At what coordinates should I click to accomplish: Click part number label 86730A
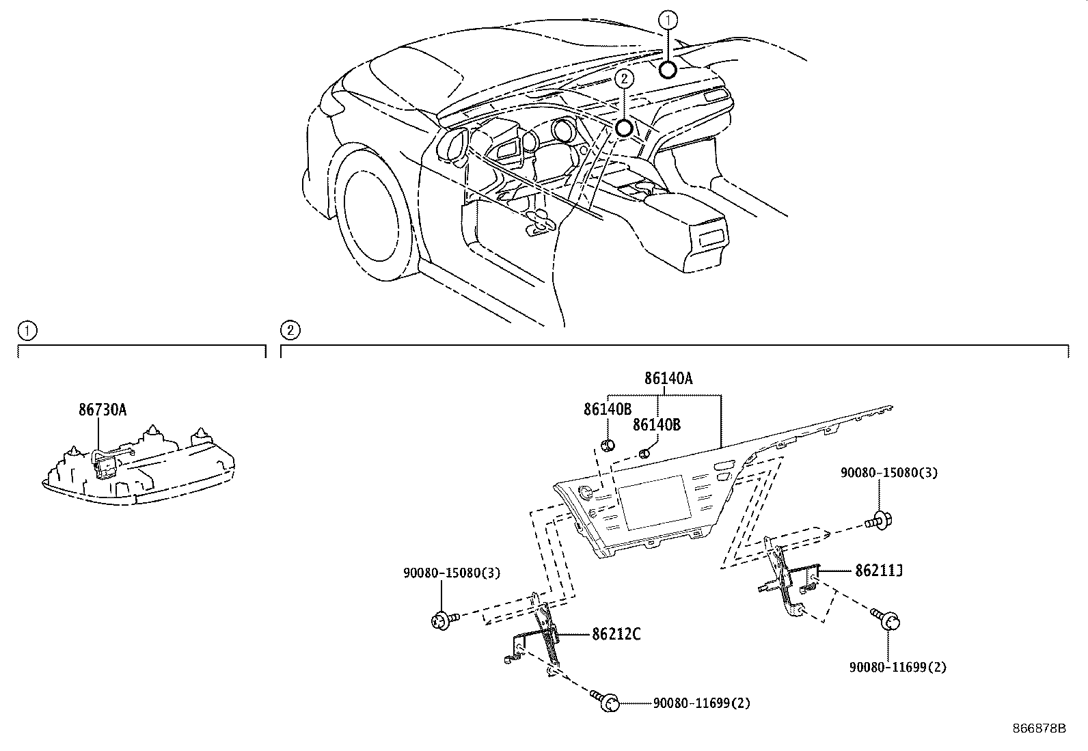click(x=103, y=409)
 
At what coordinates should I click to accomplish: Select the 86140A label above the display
click(x=668, y=378)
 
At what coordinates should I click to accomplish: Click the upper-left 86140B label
click(x=607, y=409)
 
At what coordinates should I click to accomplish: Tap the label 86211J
click(x=879, y=570)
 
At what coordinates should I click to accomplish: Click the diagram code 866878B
click(x=1039, y=728)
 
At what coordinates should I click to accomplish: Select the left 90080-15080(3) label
click(x=451, y=573)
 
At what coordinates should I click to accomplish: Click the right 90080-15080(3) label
click(x=888, y=472)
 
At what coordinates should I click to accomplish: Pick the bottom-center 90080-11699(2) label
click(x=701, y=702)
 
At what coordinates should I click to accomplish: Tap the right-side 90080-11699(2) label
click(x=898, y=667)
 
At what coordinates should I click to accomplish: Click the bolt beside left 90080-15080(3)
click(x=443, y=620)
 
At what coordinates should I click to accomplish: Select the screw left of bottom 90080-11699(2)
click(x=607, y=701)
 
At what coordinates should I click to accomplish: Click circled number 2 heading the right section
click(x=290, y=331)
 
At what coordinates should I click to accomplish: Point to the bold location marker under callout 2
click(x=624, y=128)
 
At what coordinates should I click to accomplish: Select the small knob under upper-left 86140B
click(x=608, y=446)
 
